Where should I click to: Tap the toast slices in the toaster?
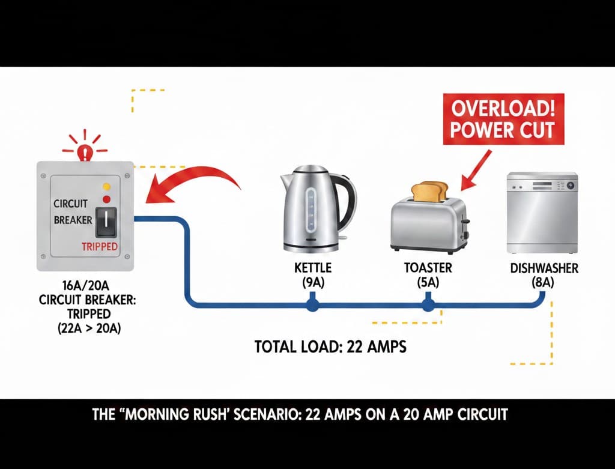point(429,191)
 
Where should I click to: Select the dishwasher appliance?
point(542,213)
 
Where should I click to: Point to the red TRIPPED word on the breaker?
point(99,247)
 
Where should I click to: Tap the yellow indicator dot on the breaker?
point(107,187)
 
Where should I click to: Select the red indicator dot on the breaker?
point(107,199)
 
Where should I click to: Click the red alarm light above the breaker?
point(86,150)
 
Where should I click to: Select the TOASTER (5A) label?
point(427,274)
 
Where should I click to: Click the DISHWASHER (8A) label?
point(544,274)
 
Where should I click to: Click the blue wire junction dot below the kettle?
point(311,306)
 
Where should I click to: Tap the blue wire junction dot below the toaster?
point(428,306)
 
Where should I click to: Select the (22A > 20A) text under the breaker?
point(87,327)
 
